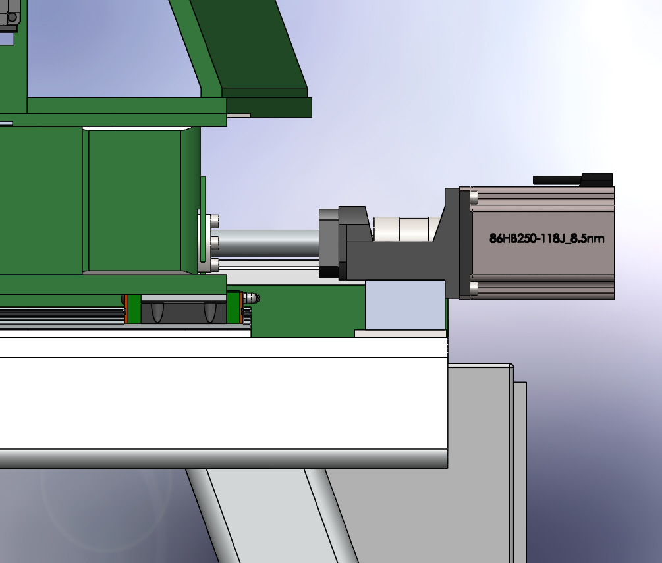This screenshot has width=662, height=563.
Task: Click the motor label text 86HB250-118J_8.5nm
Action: coord(547,238)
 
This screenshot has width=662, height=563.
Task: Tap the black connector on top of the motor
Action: coord(573,180)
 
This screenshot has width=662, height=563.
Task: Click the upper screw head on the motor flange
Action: coord(474,197)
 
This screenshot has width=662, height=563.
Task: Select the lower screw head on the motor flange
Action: coord(474,288)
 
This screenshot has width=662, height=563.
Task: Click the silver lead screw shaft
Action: coord(269,243)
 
